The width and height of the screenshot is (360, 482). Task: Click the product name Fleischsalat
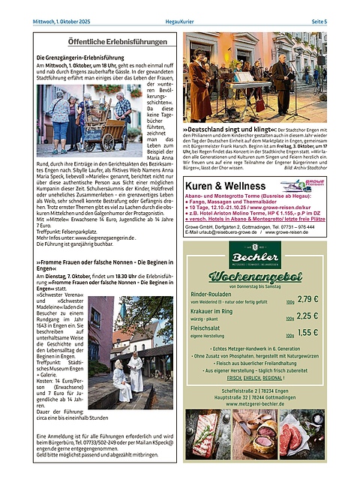point(211,328)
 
